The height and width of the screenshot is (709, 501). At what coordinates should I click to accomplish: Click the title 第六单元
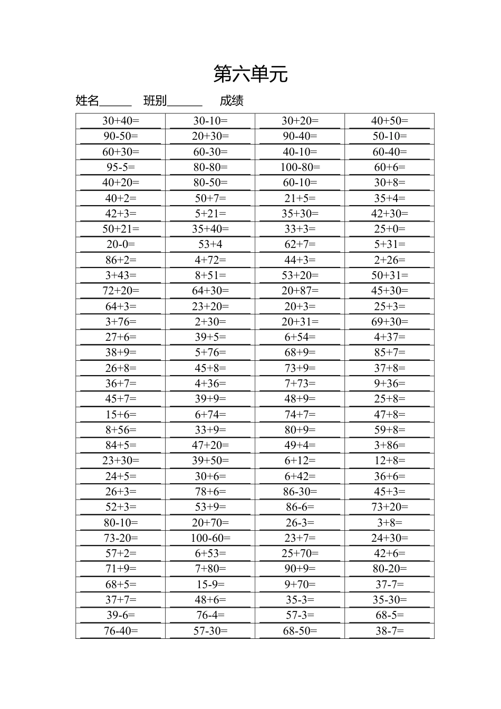[250, 74]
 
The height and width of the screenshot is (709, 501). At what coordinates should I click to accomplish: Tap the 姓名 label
[88, 101]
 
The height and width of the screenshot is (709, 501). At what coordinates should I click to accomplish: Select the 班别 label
[155, 101]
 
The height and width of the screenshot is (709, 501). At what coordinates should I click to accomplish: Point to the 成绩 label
[232, 101]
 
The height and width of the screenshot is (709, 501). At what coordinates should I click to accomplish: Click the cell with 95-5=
[121, 167]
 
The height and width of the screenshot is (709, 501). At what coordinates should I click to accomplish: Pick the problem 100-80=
[300, 167]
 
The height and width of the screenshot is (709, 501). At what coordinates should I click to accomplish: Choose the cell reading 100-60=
[210, 538]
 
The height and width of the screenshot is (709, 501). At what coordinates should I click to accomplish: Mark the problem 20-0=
[121, 244]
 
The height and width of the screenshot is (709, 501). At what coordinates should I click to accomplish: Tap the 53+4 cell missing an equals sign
[210, 244]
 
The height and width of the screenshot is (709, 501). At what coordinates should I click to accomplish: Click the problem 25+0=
[390, 229]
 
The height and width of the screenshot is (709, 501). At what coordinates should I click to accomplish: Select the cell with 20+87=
[300, 291]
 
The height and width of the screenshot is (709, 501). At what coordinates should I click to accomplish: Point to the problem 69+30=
[390, 322]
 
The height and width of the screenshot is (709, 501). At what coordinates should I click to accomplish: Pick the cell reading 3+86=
[390, 445]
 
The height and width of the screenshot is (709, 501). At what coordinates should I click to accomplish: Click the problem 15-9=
[210, 585]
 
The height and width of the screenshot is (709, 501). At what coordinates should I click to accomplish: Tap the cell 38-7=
[390, 631]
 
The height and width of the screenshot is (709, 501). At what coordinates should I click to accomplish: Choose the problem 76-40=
[121, 631]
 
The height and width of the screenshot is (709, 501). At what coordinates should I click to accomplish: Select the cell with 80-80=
[210, 167]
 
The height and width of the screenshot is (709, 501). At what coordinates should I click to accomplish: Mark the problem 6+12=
[300, 461]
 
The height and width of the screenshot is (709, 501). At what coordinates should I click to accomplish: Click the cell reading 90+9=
[300, 569]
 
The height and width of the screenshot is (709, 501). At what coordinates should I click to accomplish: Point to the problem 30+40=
[121, 121]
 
